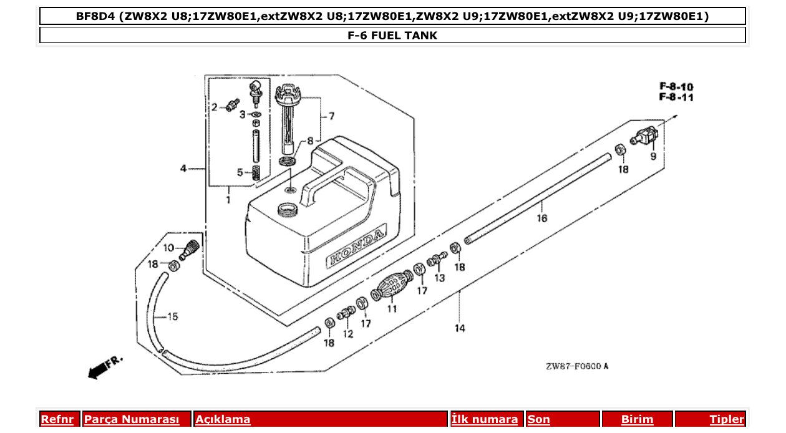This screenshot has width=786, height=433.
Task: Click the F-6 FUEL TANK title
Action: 392,36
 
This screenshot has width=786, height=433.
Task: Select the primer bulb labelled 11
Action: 392,289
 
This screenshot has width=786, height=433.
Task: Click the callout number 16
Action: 541,218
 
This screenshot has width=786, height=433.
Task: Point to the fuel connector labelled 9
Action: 646,135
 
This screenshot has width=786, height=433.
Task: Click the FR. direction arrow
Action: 104,367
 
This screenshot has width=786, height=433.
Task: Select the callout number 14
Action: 460,328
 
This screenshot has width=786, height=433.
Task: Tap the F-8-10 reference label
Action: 676,87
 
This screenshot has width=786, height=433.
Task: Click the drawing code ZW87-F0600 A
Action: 576,366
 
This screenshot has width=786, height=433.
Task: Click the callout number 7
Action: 331,116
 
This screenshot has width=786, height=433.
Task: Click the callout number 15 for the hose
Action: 172,316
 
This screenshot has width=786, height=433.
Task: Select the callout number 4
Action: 183,168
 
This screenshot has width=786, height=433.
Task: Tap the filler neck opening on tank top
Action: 288,209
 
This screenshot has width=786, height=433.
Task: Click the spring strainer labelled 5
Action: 256,173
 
